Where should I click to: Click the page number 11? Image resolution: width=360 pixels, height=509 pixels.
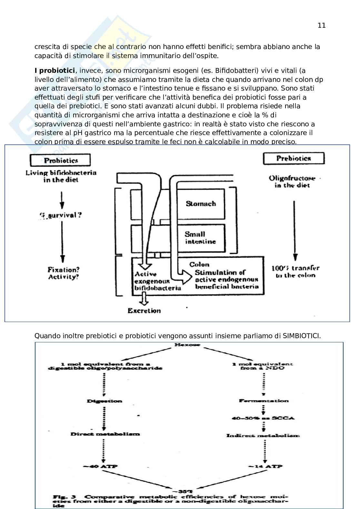[321, 25]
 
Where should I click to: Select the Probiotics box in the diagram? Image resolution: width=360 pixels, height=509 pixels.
[60, 160]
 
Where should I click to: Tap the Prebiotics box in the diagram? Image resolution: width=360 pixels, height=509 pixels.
[294, 158]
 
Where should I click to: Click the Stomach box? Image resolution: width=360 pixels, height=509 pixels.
[200, 204]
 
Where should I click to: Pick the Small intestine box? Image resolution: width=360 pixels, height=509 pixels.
[200, 238]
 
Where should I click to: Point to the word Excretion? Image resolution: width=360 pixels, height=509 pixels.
[144, 311]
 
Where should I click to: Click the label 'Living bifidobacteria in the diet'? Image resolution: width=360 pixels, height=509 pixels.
[61, 176]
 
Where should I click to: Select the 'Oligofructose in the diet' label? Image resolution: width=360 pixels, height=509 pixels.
[292, 181]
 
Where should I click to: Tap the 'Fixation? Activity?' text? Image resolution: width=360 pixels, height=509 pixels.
[63, 273]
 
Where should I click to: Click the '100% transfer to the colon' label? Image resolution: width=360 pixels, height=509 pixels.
[295, 271]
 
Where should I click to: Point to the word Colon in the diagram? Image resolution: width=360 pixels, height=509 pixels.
[199, 264]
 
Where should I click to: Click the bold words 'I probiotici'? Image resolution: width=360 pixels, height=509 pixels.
[55, 71]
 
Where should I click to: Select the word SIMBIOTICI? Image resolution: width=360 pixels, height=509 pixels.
[302, 336]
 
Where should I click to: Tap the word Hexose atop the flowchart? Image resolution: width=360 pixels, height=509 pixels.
[187, 345]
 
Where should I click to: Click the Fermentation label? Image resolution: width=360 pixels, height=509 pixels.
[264, 401]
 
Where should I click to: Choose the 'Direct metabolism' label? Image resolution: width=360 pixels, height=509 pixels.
[105, 434]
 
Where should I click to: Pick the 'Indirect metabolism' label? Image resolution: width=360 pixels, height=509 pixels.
[263, 436]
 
